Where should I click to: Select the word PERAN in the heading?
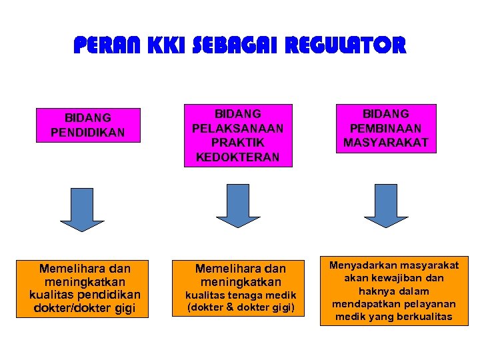(101, 45)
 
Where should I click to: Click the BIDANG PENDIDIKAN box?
(87, 125)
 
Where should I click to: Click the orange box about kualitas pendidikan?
(85, 288)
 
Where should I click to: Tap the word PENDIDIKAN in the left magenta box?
(87, 132)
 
